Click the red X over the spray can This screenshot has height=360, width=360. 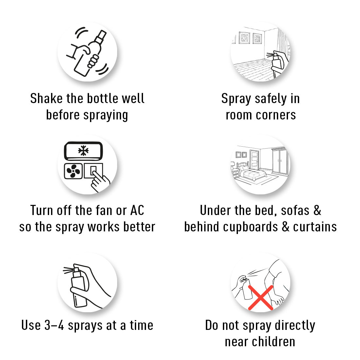261,297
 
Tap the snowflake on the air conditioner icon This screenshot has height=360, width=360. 83,151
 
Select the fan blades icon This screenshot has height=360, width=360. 73,171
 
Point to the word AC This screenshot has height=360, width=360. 137,210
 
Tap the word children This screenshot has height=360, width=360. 274,342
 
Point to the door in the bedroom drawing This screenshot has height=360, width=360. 254,159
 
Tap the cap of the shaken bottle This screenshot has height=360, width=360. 101,37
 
